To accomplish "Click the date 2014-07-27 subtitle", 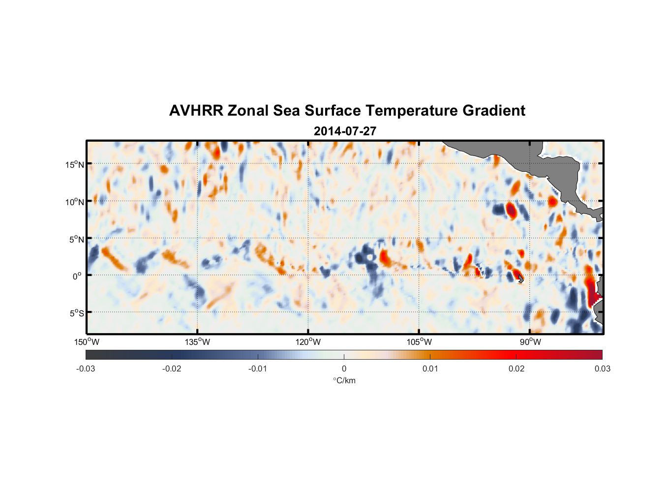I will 345,131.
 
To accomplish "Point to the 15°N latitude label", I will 74,164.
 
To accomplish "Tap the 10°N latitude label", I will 74,202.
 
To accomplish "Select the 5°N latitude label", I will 76,239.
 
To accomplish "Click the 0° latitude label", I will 77,276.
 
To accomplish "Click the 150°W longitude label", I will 87,342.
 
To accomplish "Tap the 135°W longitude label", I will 197,342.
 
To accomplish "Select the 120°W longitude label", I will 308,342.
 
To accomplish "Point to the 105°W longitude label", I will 419,342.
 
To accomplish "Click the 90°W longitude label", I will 530,342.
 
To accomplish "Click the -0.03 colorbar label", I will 86,369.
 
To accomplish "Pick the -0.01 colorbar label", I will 258,369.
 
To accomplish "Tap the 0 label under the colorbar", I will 344,369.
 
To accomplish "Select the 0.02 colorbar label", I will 516,369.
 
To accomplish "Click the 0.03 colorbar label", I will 602,369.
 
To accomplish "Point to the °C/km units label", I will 344,380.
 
